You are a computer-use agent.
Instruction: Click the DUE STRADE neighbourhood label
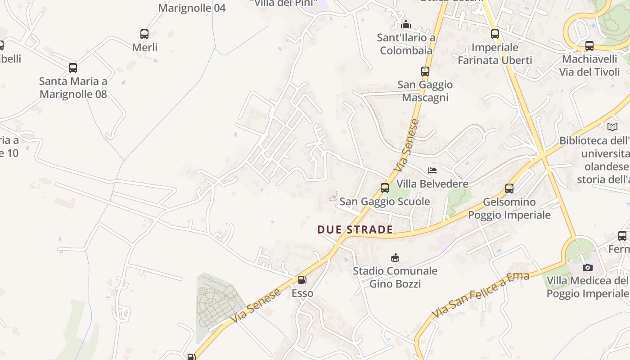355,229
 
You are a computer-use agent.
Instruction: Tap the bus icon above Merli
144,34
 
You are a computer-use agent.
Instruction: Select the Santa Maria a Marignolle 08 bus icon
73,68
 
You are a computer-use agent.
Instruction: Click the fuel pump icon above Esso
302,280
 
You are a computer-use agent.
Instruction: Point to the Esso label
302,293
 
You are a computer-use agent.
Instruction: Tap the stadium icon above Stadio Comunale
395,257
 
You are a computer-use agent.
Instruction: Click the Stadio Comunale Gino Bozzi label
395,277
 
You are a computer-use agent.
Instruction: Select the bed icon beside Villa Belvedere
432,171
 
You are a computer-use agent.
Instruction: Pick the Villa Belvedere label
432,184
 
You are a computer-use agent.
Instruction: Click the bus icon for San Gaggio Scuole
385,188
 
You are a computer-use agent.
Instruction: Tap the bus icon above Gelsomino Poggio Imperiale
509,189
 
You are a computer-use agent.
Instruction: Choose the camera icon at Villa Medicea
587,268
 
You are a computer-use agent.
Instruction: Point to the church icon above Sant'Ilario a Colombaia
406,24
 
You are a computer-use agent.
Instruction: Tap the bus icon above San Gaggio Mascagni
425,71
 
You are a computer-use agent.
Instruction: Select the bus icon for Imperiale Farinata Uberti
495,34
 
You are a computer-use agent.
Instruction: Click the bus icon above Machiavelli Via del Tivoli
589,46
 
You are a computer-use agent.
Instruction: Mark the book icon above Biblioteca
612,127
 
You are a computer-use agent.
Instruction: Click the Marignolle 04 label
192,8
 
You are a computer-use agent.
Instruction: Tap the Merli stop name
144,47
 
